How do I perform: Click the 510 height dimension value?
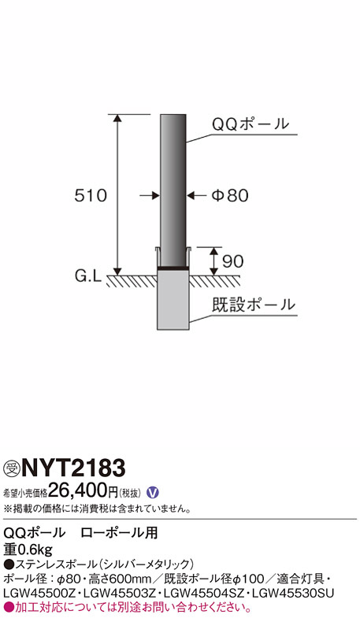click(x=91, y=195)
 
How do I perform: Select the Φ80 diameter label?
click(x=230, y=195)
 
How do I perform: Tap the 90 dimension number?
click(x=233, y=261)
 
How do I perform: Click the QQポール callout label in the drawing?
click(x=251, y=124)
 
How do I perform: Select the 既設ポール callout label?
click(x=254, y=305)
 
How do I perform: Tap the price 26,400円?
click(x=83, y=491)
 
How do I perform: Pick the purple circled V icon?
click(x=152, y=492)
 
